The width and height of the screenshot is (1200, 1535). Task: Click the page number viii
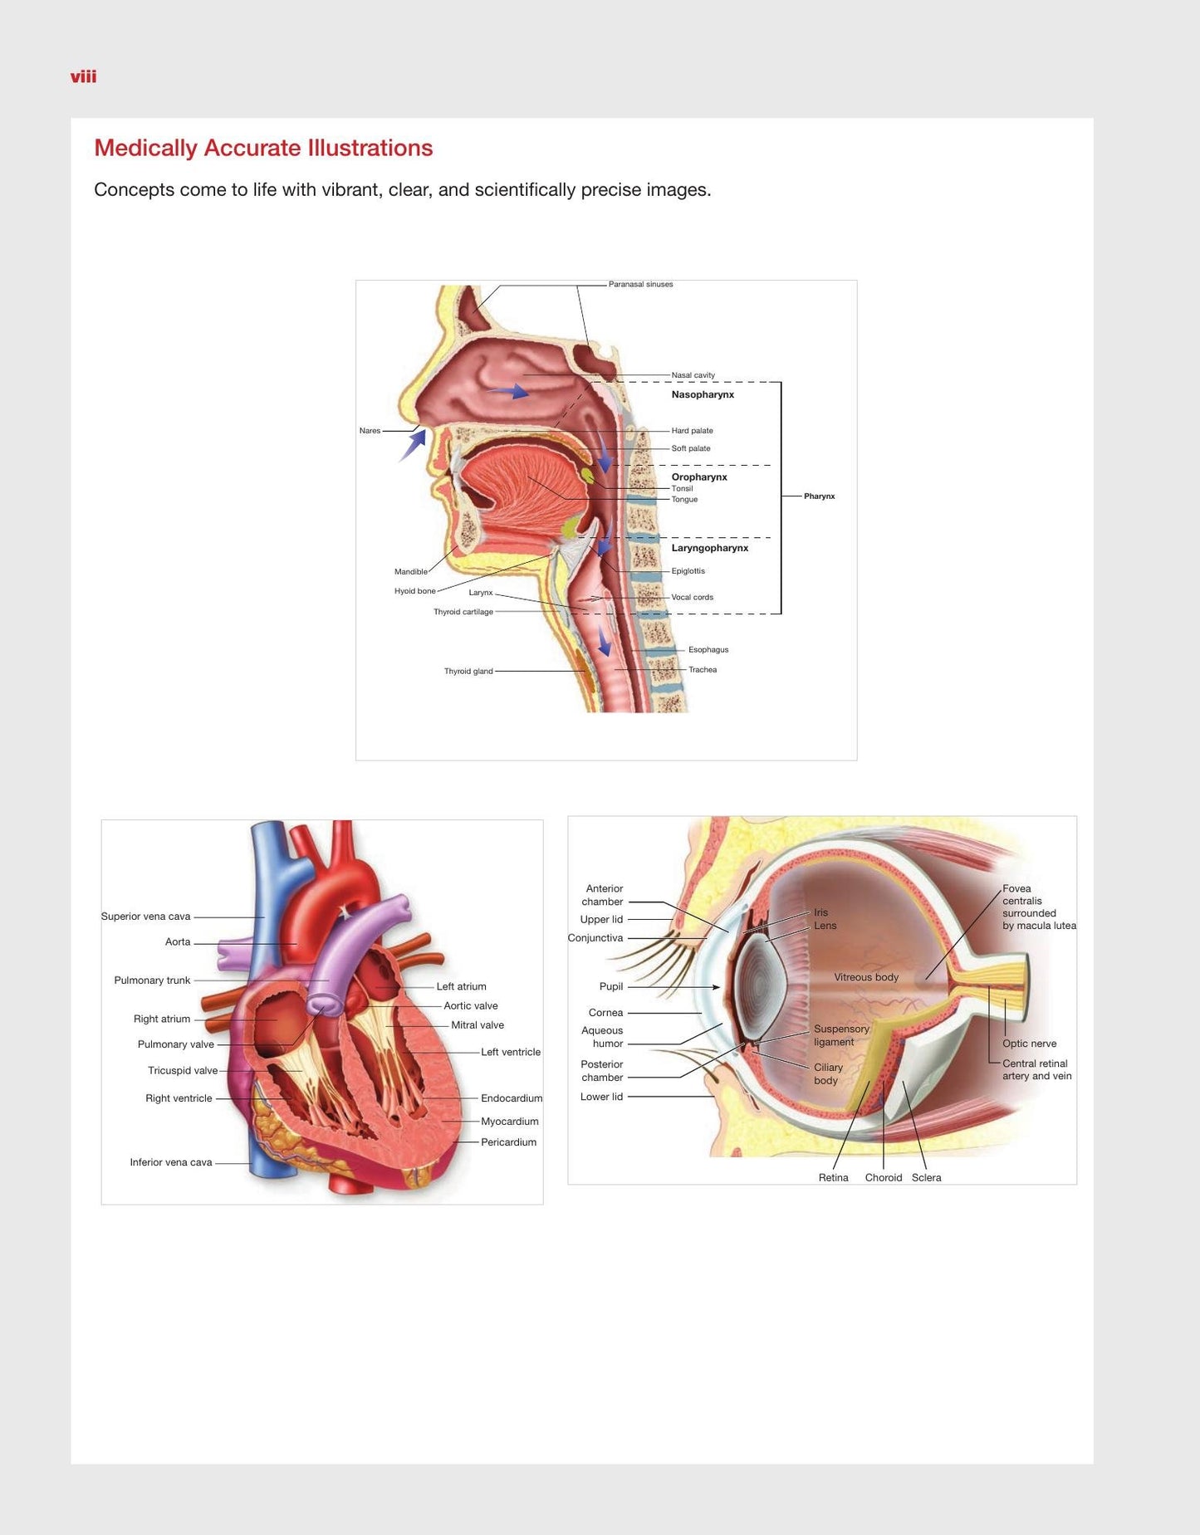point(83,77)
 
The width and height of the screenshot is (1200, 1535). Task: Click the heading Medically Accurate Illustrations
point(263,148)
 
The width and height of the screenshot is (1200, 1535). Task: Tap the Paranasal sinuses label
point(640,284)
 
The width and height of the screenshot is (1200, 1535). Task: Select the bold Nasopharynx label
point(703,394)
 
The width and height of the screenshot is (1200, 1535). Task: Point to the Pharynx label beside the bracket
point(819,496)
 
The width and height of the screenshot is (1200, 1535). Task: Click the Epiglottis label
point(688,571)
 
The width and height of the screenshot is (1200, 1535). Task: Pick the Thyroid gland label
point(468,671)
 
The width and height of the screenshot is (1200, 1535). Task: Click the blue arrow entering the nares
point(413,445)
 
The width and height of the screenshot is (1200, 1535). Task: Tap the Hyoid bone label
point(414,591)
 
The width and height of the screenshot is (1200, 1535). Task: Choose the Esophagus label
point(708,650)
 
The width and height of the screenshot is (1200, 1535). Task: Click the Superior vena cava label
point(145,917)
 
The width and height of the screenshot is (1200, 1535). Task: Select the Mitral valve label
point(478,1025)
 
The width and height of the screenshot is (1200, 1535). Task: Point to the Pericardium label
point(508,1142)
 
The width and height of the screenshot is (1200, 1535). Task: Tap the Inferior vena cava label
point(171,1162)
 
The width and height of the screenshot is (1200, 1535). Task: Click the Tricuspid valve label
point(183,1071)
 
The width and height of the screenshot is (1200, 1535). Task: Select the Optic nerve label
point(1030,1044)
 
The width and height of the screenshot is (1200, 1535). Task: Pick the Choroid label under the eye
point(884,1177)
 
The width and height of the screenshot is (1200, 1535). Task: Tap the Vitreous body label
point(866,977)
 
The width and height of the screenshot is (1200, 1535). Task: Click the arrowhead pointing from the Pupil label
point(716,987)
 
